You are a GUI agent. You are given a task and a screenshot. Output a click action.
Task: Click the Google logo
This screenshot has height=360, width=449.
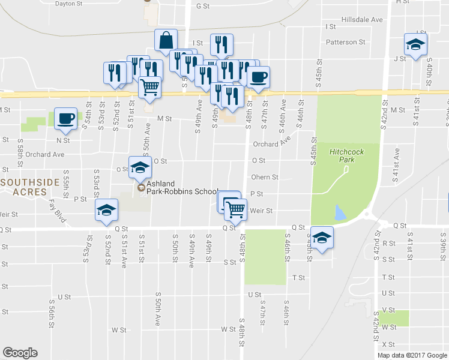pyautogui.click(x=20, y=352)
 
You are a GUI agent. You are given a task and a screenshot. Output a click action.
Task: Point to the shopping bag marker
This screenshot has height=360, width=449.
pyautogui.click(x=166, y=41)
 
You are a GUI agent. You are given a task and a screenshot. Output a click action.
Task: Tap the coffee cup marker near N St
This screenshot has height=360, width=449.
pyautogui.click(x=66, y=119)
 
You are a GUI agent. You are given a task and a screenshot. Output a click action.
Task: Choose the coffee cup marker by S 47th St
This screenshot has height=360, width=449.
pyautogui.click(x=258, y=77)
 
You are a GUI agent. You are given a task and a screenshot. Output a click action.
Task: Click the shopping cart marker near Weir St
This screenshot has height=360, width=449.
pyautogui.click(x=235, y=209)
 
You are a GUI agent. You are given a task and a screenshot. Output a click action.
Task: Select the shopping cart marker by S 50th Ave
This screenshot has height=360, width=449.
pyautogui.click(x=150, y=87)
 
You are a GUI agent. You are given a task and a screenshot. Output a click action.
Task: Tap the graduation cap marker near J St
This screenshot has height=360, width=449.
pyautogui.click(x=415, y=44)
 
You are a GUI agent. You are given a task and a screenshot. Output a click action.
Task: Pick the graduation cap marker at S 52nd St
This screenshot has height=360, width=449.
pyautogui.click(x=106, y=211)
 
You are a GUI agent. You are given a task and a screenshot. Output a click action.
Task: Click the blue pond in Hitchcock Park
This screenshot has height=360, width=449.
pyautogui.click(x=340, y=212)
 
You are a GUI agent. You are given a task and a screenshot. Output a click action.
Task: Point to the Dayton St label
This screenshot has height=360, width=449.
pyautogui.click(x=68, y=4)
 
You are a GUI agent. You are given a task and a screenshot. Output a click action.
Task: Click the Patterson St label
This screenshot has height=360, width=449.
pyautogui.click(x=345, y=43)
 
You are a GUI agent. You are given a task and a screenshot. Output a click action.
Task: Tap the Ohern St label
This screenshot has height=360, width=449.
pyautogui.click(x=265, y=178)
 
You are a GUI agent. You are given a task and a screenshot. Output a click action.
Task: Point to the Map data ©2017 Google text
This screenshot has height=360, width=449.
pyautogui.click(x=411, y=355)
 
